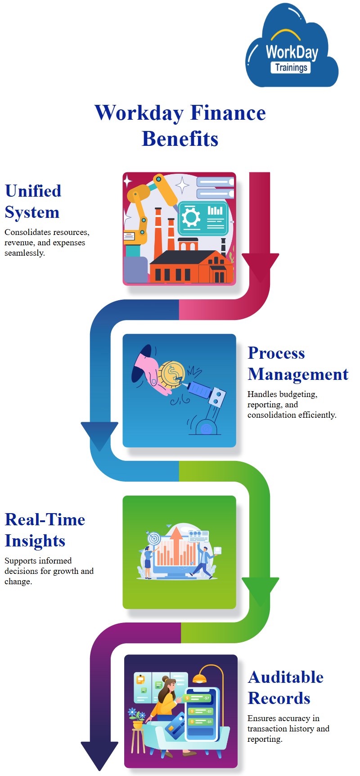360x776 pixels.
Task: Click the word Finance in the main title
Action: point(228,113)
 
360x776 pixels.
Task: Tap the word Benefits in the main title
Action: point(180,139)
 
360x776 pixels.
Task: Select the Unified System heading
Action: point(33,202)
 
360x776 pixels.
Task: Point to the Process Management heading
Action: point(298,364)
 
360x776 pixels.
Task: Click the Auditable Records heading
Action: point(285,688)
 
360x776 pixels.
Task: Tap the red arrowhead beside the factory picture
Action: point(260,266)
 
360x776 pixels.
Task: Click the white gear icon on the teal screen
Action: point(191,218)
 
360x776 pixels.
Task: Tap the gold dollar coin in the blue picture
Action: point(171,373)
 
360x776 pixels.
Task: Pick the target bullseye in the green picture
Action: point(154,538)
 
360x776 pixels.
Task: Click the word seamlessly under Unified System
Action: point(24,253)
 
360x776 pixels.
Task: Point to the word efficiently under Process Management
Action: point(317,415)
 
